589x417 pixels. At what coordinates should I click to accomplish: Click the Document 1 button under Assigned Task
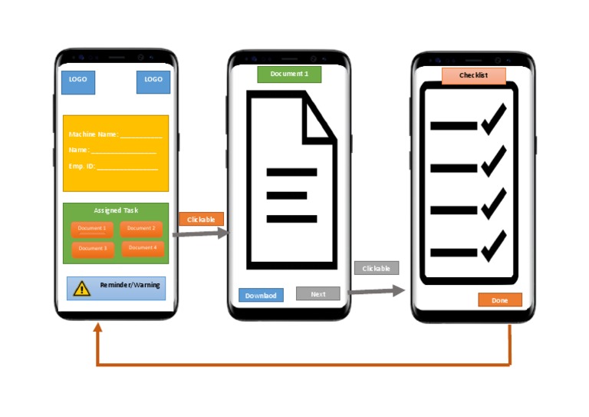coord(92,229)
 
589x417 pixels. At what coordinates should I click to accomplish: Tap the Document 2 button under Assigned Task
coord(141,228)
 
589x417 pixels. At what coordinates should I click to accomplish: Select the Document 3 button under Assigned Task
coord(92,249)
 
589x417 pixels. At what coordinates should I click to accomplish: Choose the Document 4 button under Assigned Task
coord(142,248)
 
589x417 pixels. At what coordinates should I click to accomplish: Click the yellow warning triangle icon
coord(81,289)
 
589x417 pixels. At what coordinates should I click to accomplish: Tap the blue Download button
coord(261,295)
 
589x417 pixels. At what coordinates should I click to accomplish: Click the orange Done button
coord(499,300)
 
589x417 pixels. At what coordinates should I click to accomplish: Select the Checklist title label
coord(473,75)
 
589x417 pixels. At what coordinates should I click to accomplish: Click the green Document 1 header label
coord(289,74)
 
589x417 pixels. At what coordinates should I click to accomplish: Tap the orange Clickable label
coord(201,220)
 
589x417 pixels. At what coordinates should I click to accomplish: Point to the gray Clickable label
coord(376,269)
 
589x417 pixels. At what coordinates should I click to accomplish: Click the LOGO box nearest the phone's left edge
coord(78,80)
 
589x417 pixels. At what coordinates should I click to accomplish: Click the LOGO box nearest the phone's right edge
coord(153,80)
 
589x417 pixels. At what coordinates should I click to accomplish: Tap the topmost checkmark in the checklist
coord(495,119)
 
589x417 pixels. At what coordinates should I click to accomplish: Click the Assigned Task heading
coord(116,210)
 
